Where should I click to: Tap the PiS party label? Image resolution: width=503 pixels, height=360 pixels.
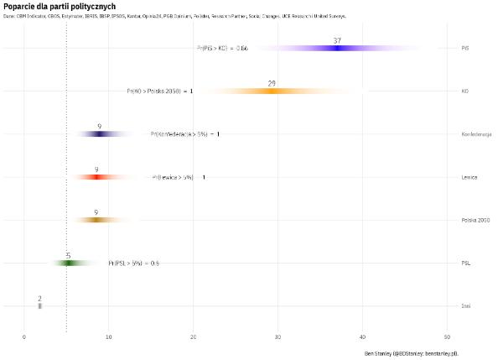point(464,48)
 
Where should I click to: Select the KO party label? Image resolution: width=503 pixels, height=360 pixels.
point(464,91)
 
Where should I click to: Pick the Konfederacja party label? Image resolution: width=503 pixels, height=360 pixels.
point(475,134)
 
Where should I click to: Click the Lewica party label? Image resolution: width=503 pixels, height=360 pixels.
point(469,177)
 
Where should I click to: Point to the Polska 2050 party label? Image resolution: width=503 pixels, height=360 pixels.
point(475,220)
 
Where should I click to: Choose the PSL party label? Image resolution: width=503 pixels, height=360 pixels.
point(465,263)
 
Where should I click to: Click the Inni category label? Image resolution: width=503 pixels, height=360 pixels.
point(465,305)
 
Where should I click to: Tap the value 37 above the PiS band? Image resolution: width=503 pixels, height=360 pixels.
point(337,40)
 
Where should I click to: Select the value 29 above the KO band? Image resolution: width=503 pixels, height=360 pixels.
point(272,83)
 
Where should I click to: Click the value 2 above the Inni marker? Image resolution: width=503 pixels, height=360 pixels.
point(39,298)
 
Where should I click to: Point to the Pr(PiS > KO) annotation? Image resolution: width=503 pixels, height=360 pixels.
point(222,48)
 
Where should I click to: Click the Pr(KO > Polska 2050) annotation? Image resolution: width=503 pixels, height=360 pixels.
point(159,91)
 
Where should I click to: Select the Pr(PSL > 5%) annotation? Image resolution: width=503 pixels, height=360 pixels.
point(133,263)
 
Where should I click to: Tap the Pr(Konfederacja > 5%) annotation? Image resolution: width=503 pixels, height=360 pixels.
point(184,134)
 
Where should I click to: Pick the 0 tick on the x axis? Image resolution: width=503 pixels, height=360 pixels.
point(24,337)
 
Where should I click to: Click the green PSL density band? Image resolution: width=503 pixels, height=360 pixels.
point(68,263)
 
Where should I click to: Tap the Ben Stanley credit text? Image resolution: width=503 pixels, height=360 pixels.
point(417,353)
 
